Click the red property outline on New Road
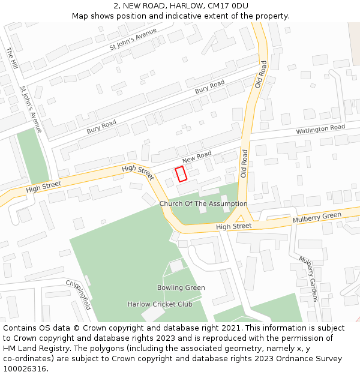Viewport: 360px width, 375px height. click(181, 174)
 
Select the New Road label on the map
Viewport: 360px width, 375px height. click(197, 158)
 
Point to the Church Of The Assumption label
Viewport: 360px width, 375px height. click(203, 204)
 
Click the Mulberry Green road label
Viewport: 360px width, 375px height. click(317, 217)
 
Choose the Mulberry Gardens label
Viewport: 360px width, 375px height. click(308, 279)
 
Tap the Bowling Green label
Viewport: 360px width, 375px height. click(181, 287)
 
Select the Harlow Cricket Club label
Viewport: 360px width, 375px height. click(160, 304)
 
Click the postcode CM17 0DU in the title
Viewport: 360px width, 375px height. click(227, 6)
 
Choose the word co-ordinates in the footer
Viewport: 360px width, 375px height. click(25, 359)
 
